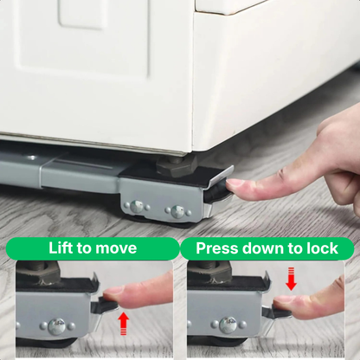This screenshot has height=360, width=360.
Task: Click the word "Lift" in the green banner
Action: coord(62,248)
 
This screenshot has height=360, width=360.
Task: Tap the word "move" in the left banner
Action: coord(116,248)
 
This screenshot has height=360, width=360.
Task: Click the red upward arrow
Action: coord(123,322)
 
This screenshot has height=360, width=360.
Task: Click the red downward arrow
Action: coord(291,279)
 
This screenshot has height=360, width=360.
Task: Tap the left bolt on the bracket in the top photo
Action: coord(137,207)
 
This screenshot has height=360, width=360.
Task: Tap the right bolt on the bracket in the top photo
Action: coord(177,211)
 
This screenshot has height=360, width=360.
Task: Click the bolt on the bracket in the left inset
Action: coord(57,326)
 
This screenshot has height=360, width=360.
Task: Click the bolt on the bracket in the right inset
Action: coord(228,325)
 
